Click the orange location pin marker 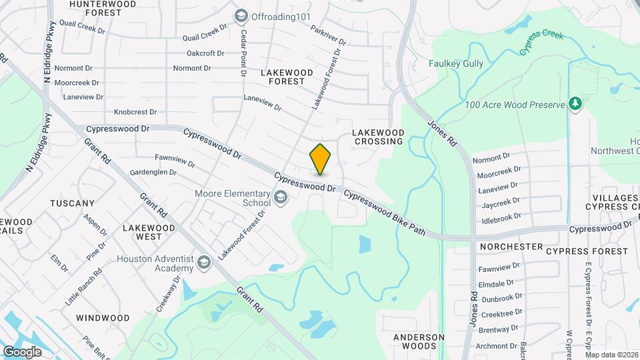(320, 159)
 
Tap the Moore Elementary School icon (281, 196)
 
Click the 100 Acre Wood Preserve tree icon (575, 104)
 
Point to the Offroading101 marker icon (240, 15)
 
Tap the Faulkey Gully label (456, 65)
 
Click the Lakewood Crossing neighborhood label (379, 137)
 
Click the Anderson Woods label (419, 341)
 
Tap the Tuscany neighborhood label (72, 203)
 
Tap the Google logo (23, 351)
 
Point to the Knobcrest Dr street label (135, 112)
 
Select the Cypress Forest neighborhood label (587, 251)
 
